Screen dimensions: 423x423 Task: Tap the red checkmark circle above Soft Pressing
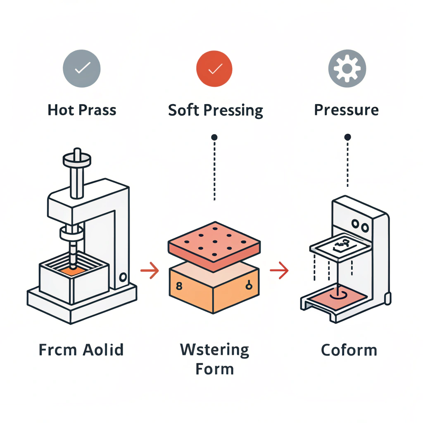(x=214, y=69)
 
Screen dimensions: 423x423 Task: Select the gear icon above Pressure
(x=347, y=69)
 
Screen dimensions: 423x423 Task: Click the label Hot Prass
(x=82, y=110)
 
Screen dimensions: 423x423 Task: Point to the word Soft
(x=184, y=110)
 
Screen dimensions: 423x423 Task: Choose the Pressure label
(x=346, y=110)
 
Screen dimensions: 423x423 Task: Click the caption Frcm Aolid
(x=81, y=349)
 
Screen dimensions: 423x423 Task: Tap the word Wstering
(x=214, y=349)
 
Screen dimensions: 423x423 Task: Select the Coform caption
(x=349, y=350)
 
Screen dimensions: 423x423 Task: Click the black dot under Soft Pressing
(x=214, y=137)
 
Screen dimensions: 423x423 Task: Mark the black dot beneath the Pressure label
(x=347, y=137)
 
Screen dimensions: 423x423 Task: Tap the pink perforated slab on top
(x=214, y=244)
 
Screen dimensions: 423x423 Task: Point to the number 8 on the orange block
(x=178, y=285)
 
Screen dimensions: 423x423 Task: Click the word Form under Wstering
(x=214, y=368)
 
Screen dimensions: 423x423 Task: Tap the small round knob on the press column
(x=122, y=276)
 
